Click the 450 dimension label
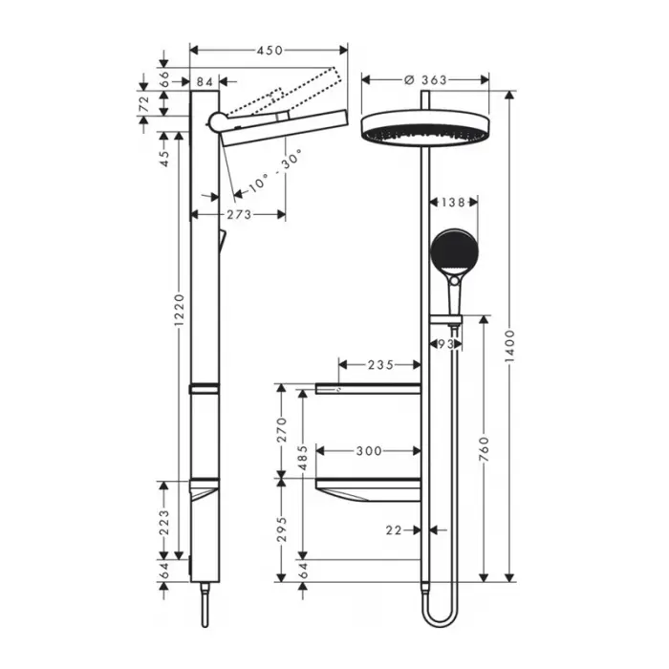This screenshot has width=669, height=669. (x=270, y=51)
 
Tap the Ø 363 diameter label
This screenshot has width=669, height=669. (x=425, y=79)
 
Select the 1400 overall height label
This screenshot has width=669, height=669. (x=509, y=346)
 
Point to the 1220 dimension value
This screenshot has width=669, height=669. (x=180, y=311)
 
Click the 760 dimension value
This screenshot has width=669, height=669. (x=484, y=448)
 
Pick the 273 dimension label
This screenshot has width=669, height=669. (x=239, y=214)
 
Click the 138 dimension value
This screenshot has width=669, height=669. (x=453, y=202)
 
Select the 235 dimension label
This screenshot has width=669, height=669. (x=380, y=365)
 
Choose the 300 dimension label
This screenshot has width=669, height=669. (x=369, y=451)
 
